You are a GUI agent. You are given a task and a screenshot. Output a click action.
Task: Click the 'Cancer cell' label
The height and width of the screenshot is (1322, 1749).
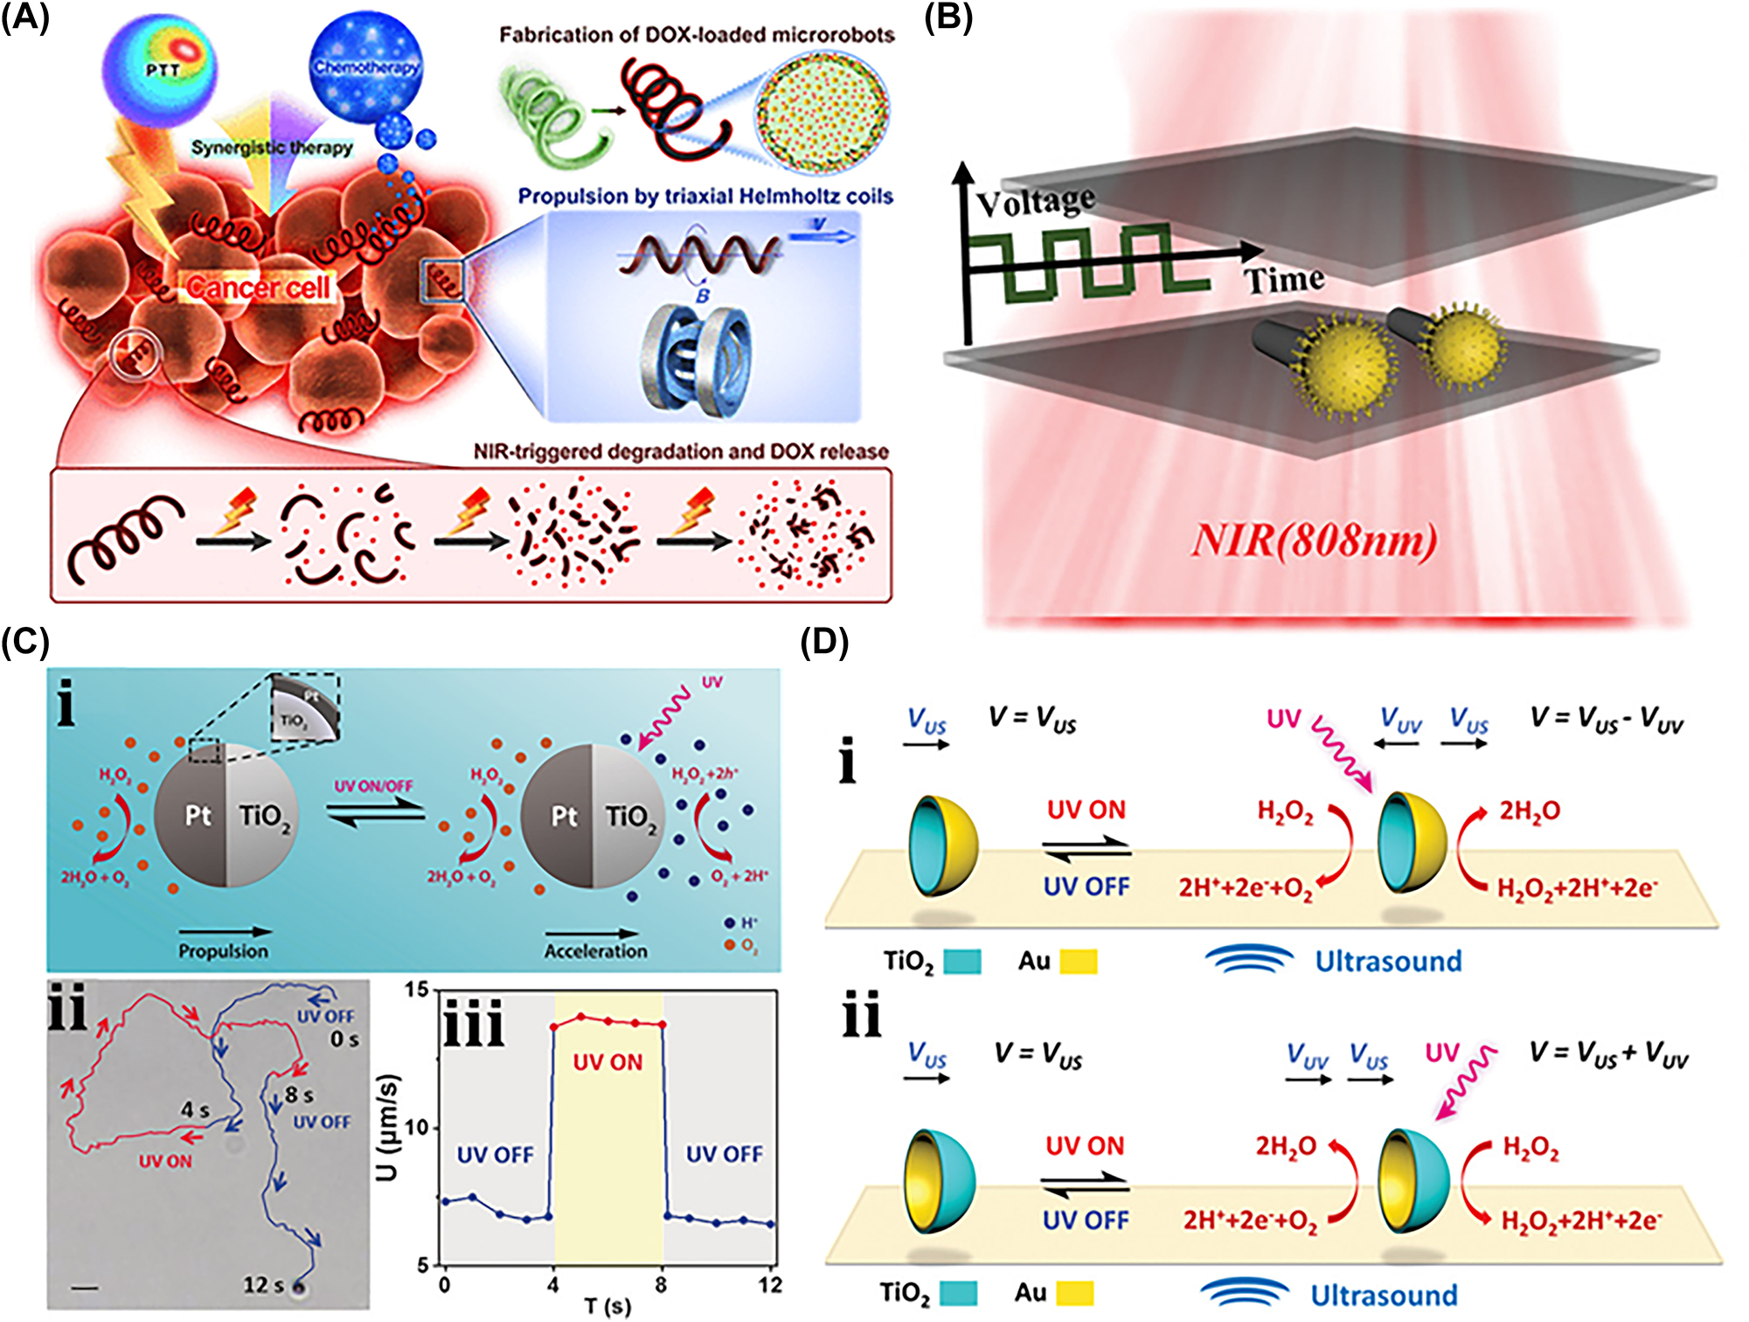pyautogui.click(x=258, y=287)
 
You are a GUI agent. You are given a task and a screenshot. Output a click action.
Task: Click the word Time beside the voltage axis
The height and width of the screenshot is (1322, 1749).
pyautogui.click(x=1284, y=281)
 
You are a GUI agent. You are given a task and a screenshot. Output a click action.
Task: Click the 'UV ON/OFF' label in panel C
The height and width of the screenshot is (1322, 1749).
pyautogui.click(x=373, y=786)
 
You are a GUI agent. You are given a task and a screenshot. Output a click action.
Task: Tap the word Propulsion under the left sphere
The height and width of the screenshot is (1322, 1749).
pyautogui.click(x=223, y=950)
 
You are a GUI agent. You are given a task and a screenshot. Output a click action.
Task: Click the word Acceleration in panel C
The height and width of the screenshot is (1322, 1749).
pyautogui.click(x=596, y=950)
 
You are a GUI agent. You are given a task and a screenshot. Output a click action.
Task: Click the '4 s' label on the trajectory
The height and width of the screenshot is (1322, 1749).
pyautogui.click(x=195, y=1110)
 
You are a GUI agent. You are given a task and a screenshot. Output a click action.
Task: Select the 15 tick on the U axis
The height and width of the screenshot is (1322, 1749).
pyautogui.click(x=417, y=990)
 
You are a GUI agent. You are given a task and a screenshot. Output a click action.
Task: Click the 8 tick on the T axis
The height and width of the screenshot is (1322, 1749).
pyautogui.click(x=661, y=1284)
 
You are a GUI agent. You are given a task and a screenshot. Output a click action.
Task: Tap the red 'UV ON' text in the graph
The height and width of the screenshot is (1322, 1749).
pyautogui.click(x=607, y=1062)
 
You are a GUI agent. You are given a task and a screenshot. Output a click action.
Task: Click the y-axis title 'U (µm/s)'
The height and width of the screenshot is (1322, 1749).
pyautogui.click(x=388, y=1128)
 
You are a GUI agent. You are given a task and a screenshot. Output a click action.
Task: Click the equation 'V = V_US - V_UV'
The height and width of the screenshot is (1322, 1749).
pyautogui.click(x=1606, y=719)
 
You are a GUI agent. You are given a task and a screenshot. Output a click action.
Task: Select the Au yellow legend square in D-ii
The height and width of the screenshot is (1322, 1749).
pyautogui.click(x=1074, y=1293)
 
